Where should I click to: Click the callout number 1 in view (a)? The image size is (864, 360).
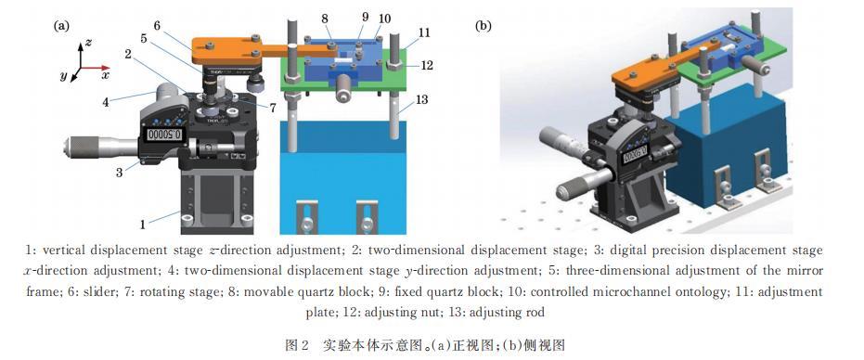pos(143,224)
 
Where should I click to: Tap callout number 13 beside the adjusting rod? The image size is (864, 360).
pos(421,101)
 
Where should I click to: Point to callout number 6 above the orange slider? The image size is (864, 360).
pos(157,25)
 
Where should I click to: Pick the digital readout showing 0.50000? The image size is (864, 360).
pos(164,135)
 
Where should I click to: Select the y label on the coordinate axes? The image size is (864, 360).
pos(64,77)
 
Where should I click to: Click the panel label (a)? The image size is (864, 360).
pos(60,25)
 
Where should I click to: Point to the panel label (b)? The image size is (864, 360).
pos(484,26)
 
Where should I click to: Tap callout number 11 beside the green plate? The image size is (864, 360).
pos(424,33)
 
